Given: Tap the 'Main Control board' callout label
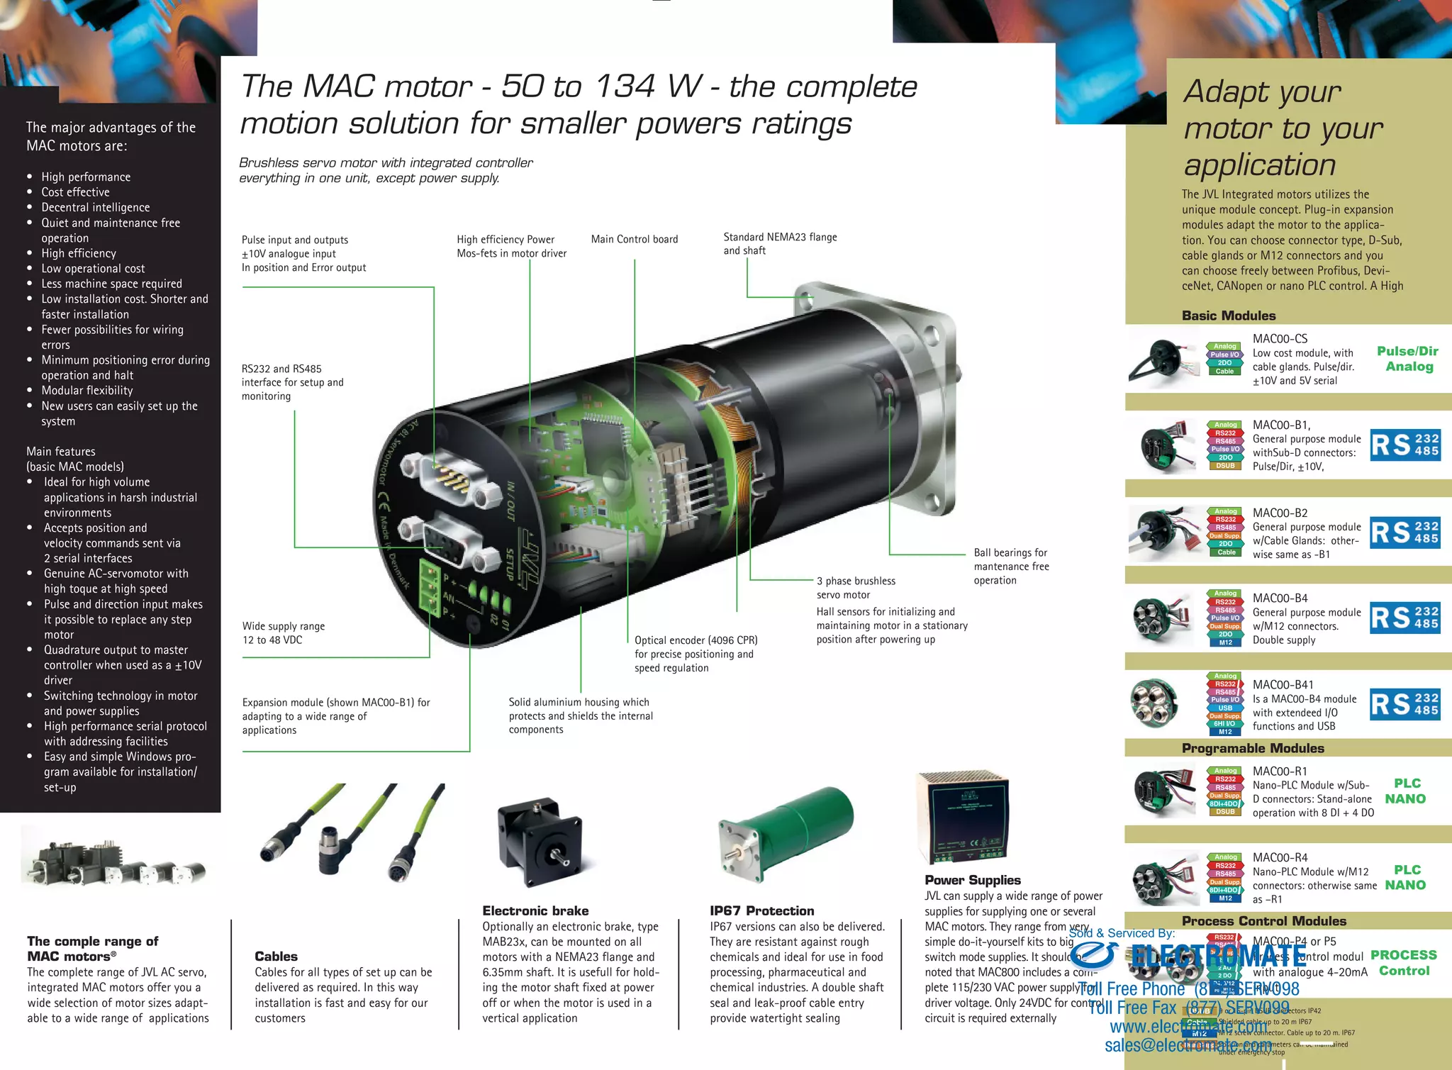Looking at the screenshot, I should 635,240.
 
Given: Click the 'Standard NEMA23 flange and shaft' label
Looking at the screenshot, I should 780,244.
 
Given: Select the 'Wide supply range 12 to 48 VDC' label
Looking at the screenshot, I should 284,633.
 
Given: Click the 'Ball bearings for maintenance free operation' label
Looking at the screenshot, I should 1011,567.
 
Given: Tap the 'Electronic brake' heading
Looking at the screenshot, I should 535,911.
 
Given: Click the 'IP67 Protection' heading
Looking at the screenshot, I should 762,911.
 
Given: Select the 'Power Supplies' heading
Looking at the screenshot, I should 973,880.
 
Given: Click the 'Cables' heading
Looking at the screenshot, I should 276,957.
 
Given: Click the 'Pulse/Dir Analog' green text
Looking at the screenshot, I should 1408,359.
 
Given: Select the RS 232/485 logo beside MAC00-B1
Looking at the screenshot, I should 1405,445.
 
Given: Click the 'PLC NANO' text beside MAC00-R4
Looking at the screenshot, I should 1405,878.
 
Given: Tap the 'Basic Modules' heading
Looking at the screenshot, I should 1229,316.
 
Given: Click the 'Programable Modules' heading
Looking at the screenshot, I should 1253,749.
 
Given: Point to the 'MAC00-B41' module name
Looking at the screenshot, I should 1283,685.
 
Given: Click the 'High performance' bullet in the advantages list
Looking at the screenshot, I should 86,177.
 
